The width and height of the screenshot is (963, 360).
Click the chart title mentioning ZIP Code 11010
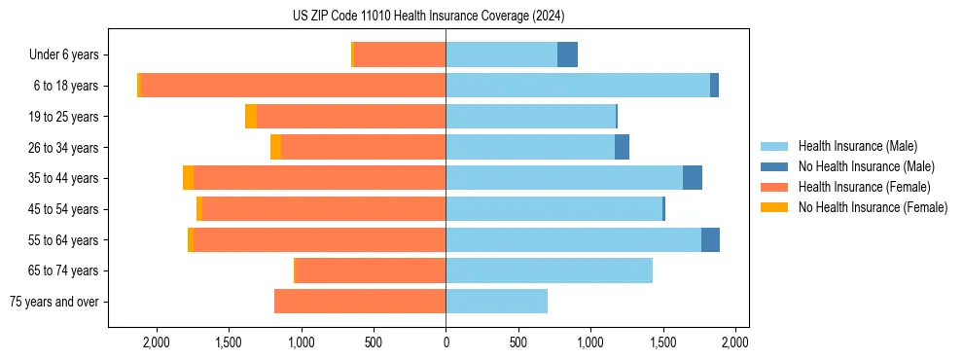pyautogui.click(x=428, y=17)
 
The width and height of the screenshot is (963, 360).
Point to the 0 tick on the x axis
pyautogui.click(x=446, y=342)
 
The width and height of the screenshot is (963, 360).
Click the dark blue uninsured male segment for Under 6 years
pyautogui.click(x=567, y=54)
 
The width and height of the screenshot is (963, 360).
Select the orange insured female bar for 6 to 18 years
pyautogui.click(x=293, y=86)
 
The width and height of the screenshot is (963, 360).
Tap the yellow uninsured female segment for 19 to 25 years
pyautogui.click(x=251, y=117)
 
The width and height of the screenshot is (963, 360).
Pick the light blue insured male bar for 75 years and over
pyautogui.click(x=496, y=302)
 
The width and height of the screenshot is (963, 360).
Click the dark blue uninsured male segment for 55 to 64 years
pyautogui.click(x=710, y=239)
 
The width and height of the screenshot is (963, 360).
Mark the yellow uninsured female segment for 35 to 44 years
pyautogui.click(x=188, y=178)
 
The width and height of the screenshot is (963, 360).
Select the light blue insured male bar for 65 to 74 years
pyautogui.click(x=549, y=270)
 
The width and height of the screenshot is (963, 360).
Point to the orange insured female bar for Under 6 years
pyautogui.click(x=399, y=54)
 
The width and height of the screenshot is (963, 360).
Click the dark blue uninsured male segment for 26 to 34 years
pyautogui.click(x=622, y=147)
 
